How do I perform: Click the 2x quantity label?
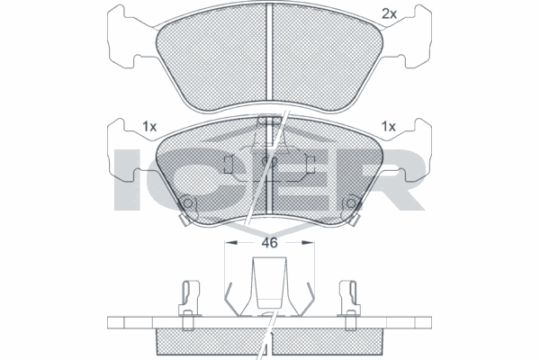(x=389, y=14)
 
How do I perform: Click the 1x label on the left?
(x=149, y=127)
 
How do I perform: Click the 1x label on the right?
(x=389, y=127)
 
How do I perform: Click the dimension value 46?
(x=269, y=243)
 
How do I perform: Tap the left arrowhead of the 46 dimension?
(x=231, y=243)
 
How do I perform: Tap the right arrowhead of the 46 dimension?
(x=308, y=243)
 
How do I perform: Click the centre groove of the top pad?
(x=270, y=52)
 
